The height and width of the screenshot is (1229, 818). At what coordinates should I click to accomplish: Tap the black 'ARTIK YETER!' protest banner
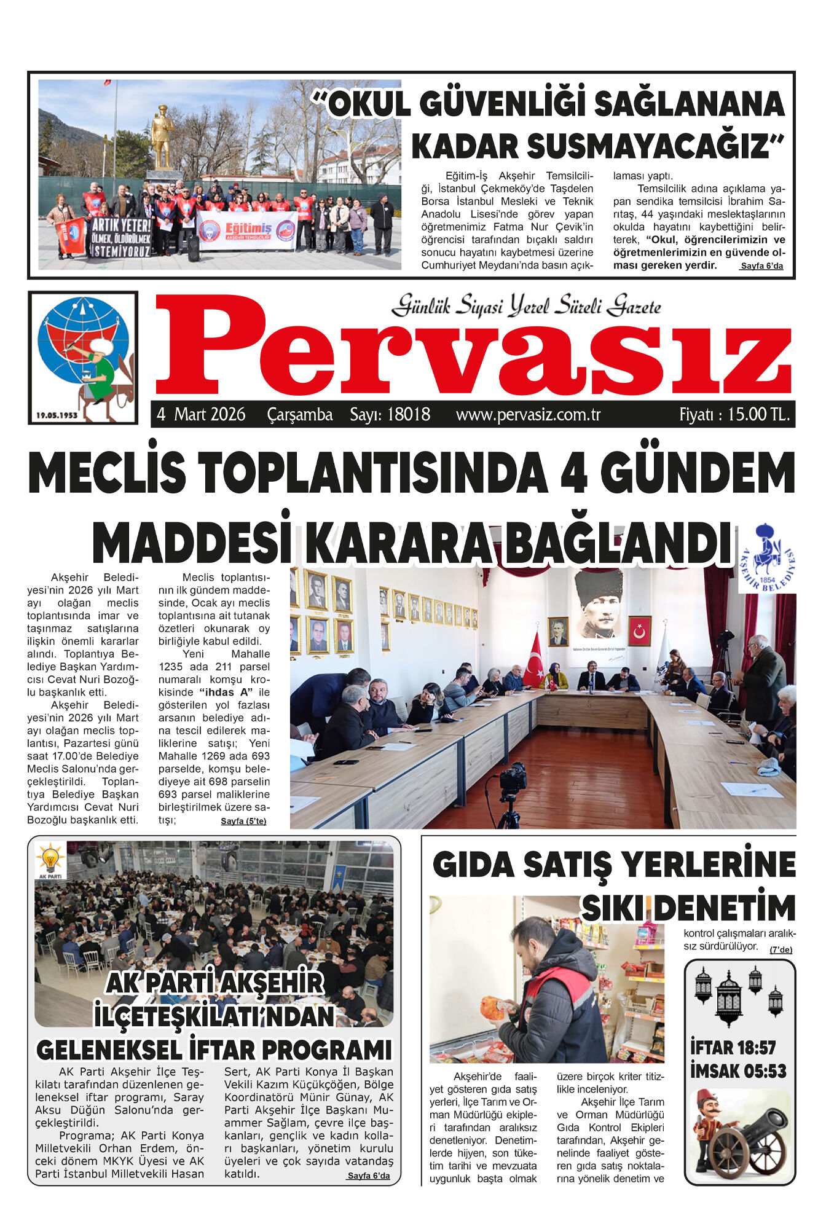[120, 236]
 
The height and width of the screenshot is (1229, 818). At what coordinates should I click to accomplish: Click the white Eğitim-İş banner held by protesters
[247, 231]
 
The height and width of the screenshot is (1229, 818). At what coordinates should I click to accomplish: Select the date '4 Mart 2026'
[201, 415]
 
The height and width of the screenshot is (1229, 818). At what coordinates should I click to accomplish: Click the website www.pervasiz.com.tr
[528, 415]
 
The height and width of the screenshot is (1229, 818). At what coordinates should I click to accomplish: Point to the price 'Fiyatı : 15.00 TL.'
[734, 415]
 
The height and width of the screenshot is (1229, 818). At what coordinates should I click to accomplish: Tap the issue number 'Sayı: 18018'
[390, 415]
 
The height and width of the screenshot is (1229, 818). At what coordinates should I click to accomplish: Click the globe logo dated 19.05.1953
[83, 357]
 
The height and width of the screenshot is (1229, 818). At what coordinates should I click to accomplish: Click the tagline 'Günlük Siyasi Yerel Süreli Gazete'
[526, 305]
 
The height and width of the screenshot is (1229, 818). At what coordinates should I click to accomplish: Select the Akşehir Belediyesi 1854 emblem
[767, 558]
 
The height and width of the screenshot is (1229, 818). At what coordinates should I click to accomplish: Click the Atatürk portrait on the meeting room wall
[598, 604]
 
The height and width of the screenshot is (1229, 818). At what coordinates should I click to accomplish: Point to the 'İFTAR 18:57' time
[733, 1048]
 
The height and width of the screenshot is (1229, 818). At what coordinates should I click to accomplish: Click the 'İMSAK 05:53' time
[738, 1071]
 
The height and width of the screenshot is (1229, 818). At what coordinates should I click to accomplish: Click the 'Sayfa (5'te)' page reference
[243, 822]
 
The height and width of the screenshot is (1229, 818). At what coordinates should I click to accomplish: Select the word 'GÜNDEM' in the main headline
[697, 472]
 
